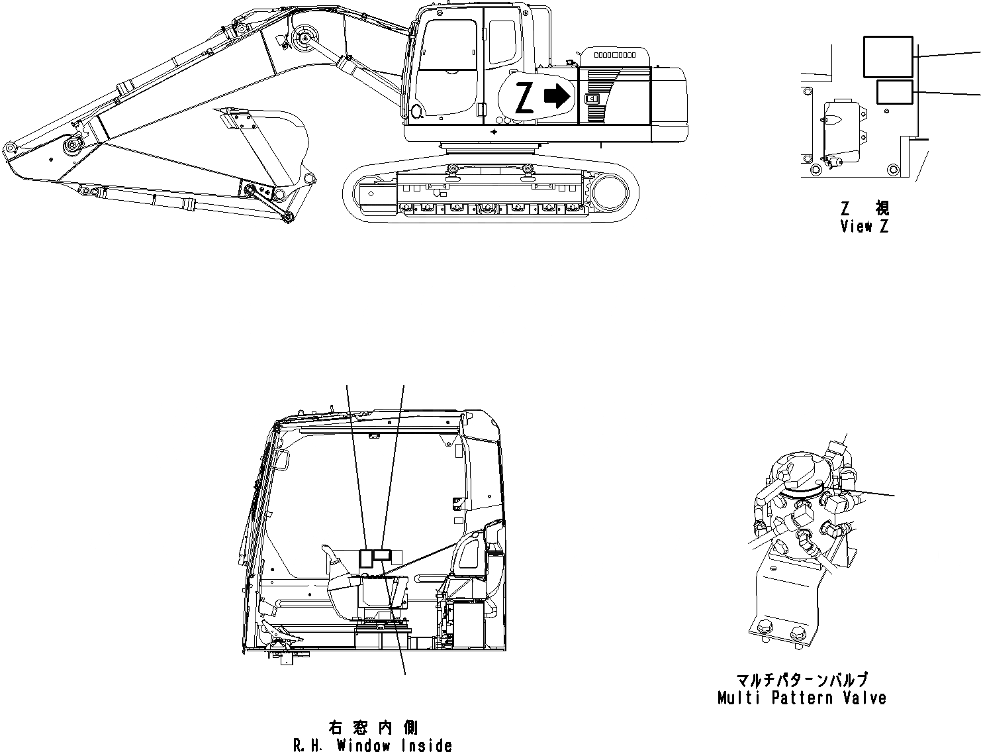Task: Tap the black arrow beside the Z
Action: tap(557, 97)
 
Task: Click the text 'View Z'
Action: tap(864, 226)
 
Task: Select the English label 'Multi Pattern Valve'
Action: tap(802, 698)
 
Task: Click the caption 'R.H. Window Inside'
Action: tap(373, 745)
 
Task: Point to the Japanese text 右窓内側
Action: tap(373, 727)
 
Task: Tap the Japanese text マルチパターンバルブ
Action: tap(802, 681)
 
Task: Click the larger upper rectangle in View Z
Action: tap(888, 57)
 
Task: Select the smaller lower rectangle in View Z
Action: tap(894, 92)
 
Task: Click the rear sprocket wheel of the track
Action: tap(610, 193)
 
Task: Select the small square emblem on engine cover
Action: tap(592, 99)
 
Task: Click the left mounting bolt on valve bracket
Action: tap(764, 627)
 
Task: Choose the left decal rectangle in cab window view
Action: tap(365, 559)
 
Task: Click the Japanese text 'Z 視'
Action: tap(864, 209)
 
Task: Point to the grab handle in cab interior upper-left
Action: tap(284, 458)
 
